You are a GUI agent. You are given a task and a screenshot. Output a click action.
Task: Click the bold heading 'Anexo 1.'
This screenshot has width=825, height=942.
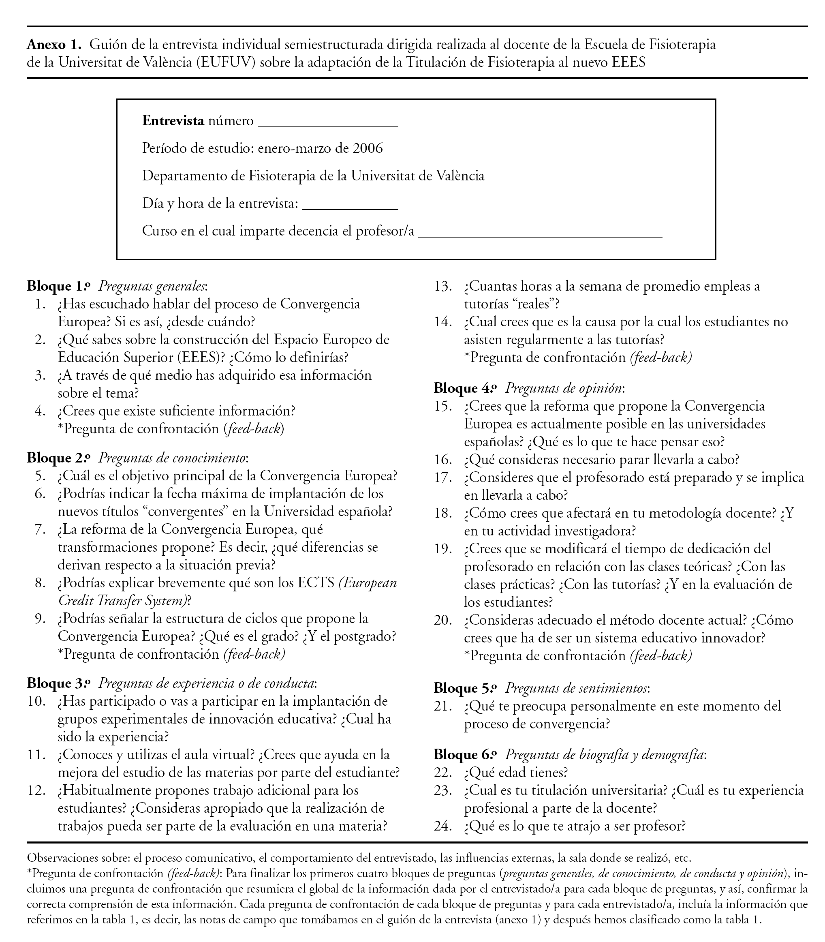pyautogui.click(x=54, y=45)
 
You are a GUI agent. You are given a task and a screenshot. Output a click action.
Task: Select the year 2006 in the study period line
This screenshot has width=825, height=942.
pyautogui.click(x=368, y=148)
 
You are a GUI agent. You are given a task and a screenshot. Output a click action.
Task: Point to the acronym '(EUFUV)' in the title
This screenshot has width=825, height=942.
pyautogui.click(x=225, y=62)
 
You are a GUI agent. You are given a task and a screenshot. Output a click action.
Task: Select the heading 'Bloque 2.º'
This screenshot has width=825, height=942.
pyautogui.click(x=58, y=458)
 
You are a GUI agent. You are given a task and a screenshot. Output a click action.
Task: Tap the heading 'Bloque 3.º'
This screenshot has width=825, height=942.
pyautogui.click(x=58, y=684)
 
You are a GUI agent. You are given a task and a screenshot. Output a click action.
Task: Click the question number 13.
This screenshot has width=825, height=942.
pyautogui.click(x=443, y=287)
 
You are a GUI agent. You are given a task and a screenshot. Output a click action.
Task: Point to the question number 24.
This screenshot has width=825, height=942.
pyautogui.click(x=443, y=826)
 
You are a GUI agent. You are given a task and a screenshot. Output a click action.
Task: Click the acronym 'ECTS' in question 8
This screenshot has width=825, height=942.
pyautogui.click(x=316, y=583)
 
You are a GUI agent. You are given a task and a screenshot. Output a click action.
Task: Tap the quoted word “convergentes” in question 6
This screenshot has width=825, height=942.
pyautogui.click(x=175, y=512)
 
